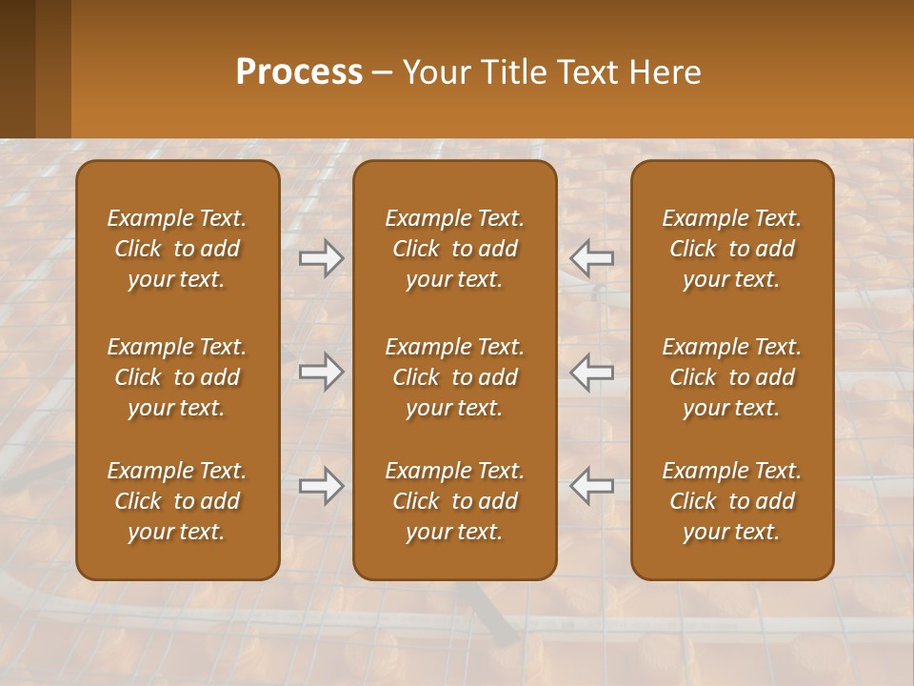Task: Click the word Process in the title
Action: tap(299, 72)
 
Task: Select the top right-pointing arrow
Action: tap(322, 258)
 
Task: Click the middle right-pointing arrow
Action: tap(322, 372)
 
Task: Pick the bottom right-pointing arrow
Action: tap(322, 486)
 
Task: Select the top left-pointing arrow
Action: tap(591, 258)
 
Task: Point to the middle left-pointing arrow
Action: tap(591, 372)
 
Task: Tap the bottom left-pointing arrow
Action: tap(591, 486)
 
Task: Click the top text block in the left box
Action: tap(177, 249)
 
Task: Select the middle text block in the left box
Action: tap(177, 377)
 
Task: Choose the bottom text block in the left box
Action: tap(177, 501)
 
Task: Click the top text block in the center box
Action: tap(454, 249)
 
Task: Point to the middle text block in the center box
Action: tap(454, 377)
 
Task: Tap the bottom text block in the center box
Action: tap(454, 501)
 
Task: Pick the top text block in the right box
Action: tap(732, 249)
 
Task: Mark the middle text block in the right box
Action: tap(732, 377)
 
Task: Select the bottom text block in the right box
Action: tap(732, 501)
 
